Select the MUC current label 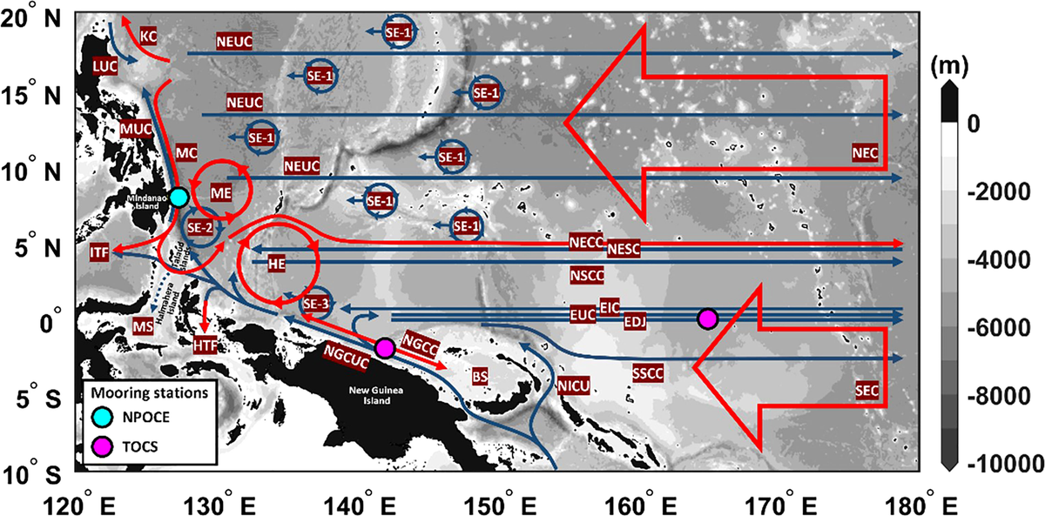pyautogui.click(x=136, y=129)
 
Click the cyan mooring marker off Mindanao pyautogui.click(x=179, y=198)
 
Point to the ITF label pyautogui.click(x=100, y=252)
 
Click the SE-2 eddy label pyautogui.click(x=199, y=228)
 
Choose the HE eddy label pyautogui.click(x=277, y=262)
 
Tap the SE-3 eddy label pyautogui.click(x=316, y=305)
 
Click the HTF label pyautogui.click(x=206, y=344)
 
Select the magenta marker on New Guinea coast pyautogui.click(x=385, y=347)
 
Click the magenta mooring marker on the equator pyautogui.click(x=707, y=318)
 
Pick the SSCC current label pyautogui.click(x=649, y=372)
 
